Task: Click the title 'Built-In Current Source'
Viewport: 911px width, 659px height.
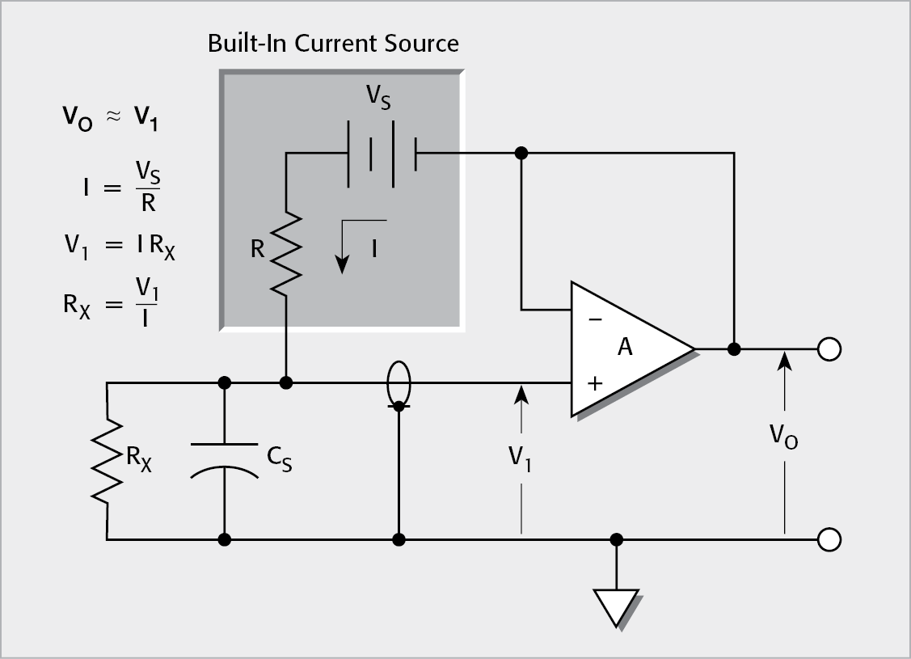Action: tap(333, 43)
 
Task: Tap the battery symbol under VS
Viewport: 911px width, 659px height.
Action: tap(382, 146)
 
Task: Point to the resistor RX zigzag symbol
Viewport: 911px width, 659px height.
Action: tap(107, 461)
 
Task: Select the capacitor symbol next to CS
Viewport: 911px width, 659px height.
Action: tap(225, 459)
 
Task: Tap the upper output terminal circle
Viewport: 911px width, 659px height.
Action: tap(829, 349)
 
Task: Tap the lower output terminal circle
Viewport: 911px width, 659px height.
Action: tap(829, 539)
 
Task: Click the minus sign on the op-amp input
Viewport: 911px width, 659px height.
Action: tap(595, 319)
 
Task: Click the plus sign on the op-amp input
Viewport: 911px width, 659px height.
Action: tap(595, 383)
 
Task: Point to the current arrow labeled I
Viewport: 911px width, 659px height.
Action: tap(344, 247)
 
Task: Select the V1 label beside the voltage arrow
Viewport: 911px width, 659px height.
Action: tap(521, 458)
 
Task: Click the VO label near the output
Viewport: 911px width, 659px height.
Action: tap(783, 437)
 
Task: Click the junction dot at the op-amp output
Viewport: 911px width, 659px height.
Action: tap(734, 349)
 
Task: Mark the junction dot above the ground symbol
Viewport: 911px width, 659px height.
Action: tap(616, 539)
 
